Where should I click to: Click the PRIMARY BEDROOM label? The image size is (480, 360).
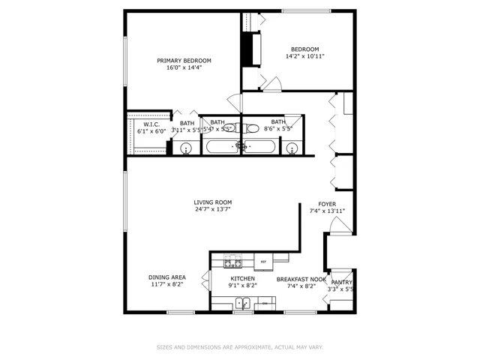(x=184, y=61)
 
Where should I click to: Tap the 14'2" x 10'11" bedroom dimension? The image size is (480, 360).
(x=305, y=55)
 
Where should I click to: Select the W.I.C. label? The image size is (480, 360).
(x=151, y=124)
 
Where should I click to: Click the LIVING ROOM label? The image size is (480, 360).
(x=213, y=202)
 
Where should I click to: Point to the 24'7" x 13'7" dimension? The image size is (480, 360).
(x=213, y=210)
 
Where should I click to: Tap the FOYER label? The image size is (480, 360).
(x=327, y=204)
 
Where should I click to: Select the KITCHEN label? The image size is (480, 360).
(x=243, y=278)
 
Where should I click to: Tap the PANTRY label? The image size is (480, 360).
(x=342, y=283)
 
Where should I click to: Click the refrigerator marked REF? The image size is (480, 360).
(x=263, y=262)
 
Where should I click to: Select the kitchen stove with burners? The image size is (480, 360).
(x=233, y=262)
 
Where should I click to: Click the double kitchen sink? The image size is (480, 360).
(x=243, y=304)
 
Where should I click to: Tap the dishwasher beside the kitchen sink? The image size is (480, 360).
(x=264, y=304)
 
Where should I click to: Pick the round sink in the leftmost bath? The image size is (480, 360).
(x=186, y=148)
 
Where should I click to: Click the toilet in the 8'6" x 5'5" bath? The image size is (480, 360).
(x=252, y=127)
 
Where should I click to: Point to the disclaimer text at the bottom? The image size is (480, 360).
(x=239, y=347)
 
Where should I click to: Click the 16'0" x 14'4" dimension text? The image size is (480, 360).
(x=184, y=68)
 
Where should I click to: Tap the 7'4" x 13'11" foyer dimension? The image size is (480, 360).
(x=327, y=211)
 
